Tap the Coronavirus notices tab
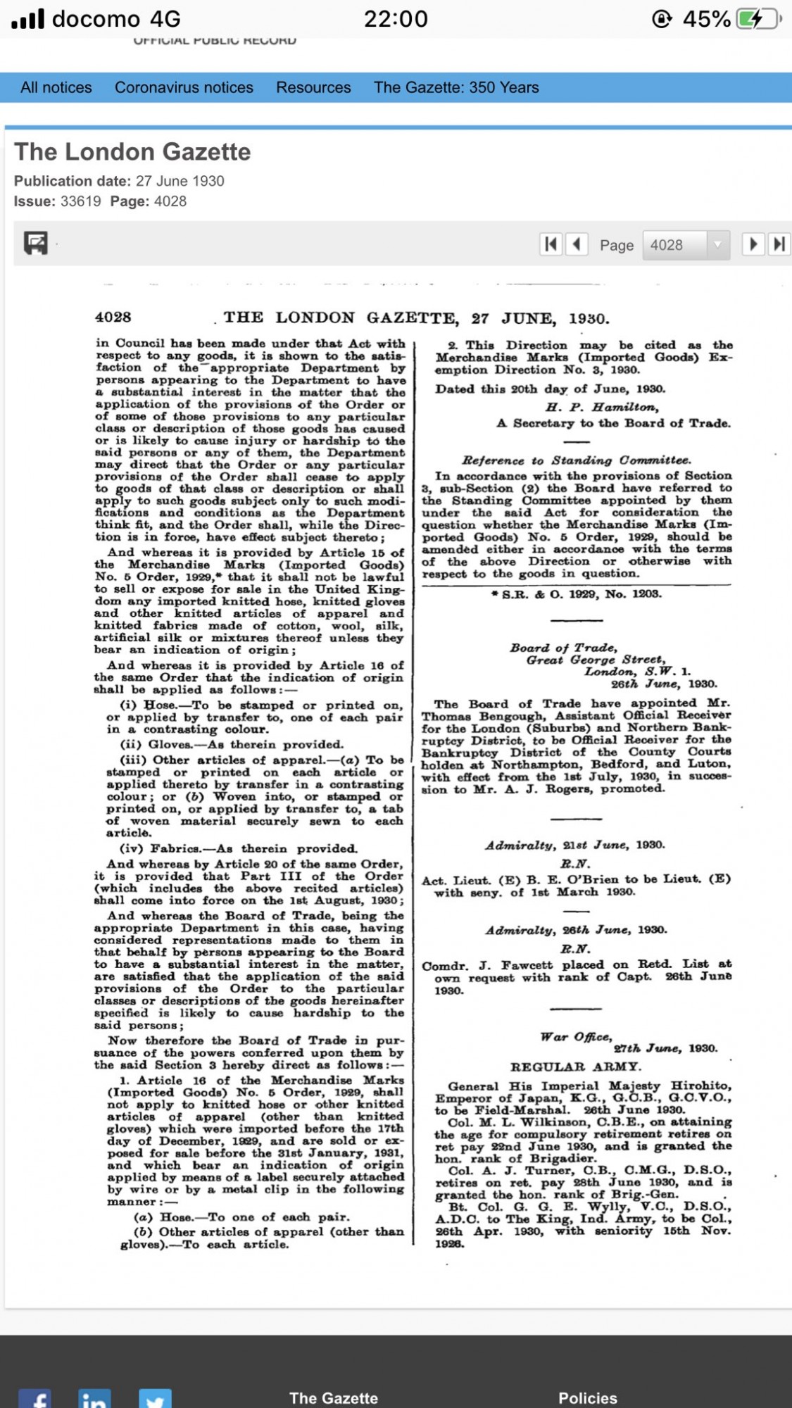tap(184, 87)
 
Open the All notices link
tap(56, 87)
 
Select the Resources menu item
tap(313, 87)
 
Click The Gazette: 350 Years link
tap(456, 87)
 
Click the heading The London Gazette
tap(132, 152)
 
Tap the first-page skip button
tap(551, 244)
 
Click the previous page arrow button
tap(577, 244)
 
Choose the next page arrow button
tap(753, 244)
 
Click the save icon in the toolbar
tap(36, 243)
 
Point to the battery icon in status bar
tap(758, 19)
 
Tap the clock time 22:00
tap(396, 19)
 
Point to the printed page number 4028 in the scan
tap(113, 318)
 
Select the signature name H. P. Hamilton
tap(603, 407)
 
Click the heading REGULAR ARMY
tap(576, 1067)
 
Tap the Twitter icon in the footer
tap(155, 1400)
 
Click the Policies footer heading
tap(588, 1398)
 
